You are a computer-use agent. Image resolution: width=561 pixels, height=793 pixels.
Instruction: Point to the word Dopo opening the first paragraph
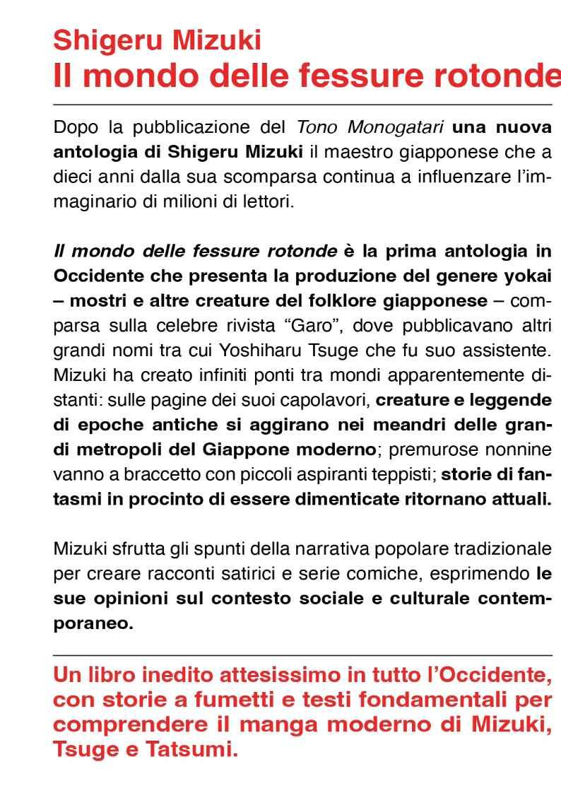[76, 129]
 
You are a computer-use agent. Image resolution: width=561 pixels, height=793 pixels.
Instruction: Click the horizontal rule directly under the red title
[302, 105]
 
